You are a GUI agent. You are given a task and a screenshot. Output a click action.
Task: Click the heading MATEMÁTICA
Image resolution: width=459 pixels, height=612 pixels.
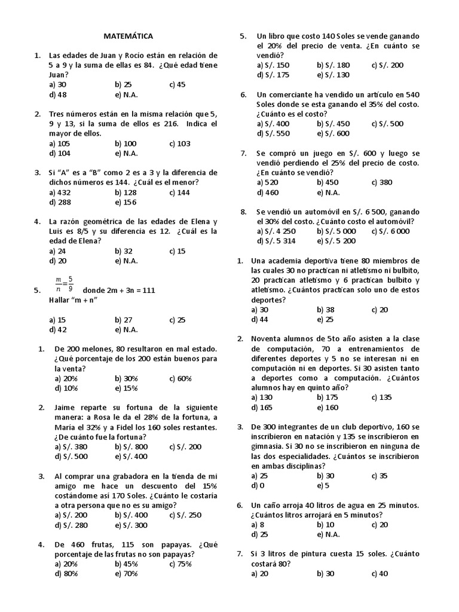[128, 36]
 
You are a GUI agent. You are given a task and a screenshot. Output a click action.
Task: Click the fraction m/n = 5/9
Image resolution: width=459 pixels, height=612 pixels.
[65, 283]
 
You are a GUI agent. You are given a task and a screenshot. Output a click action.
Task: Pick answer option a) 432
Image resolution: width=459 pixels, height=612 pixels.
[60, 192]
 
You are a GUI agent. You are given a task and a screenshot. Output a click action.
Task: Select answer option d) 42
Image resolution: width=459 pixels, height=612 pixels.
[59, 329]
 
